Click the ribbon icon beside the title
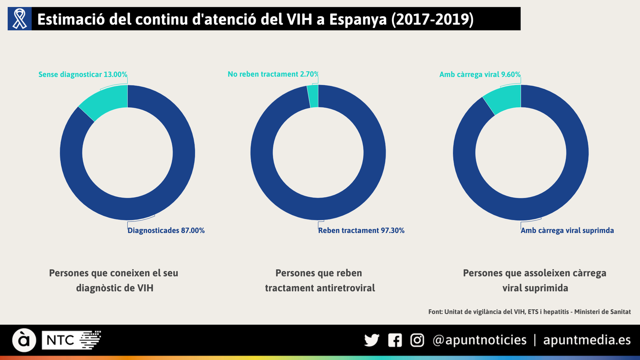click(x=20, y=19)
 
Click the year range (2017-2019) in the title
click(x=432, y=19)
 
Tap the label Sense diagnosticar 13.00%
click(x=83, y=74)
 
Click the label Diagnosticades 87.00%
click(x=166, y=230)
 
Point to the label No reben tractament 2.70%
click(x=273, y=74)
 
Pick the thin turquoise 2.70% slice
click(x=314, y=96)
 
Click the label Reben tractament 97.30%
click(x=361, y=230)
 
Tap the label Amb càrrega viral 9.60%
click(x=480, y=74)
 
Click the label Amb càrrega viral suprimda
click(x=567, y=230)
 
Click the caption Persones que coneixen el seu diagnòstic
click(x=114, y=280)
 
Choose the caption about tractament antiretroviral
click(x=320, y=280)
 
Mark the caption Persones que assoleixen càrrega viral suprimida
click(x=535, y=280)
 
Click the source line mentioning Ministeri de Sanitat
click(x=529, y=312)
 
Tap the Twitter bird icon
click(x=372, y=340)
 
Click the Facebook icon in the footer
click(x=395, y=340)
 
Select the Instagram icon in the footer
click(x=417, y=340)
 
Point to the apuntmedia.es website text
click(x=587, y=340)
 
